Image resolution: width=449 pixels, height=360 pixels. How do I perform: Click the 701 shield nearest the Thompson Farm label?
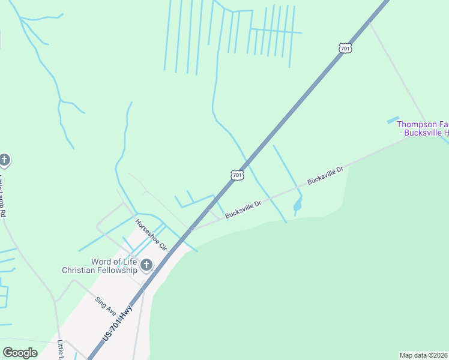[x=344, y=47]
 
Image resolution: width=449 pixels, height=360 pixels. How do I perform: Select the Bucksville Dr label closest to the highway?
[x=244, y=209]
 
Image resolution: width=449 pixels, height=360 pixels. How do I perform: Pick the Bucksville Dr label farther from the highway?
[x=325, y=176]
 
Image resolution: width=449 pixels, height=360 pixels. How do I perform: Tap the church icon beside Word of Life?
[x=146, y=264]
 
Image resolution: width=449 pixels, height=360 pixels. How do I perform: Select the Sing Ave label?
[x=105, y=305]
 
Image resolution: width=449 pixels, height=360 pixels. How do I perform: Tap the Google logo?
[x=20, y=353]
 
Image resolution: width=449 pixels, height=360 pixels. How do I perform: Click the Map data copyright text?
[x=424, y=355]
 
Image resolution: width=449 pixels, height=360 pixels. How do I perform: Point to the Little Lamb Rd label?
[x=4, y=195]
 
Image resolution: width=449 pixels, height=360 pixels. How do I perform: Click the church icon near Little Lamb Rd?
[x=4, y=160]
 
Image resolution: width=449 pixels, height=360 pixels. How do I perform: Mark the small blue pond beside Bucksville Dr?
[x=297, y=206]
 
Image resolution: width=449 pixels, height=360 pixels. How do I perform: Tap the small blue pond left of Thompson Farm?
[x=393, y=121]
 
